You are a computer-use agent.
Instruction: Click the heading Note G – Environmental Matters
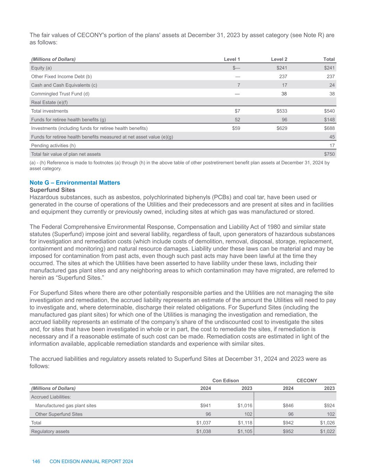pos(75,183)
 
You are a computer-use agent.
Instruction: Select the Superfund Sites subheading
pos(52,190)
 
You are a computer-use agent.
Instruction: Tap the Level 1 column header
pos(232,59)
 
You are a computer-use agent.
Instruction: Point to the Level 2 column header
pos(279,59)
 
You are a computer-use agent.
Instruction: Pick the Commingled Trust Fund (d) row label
pos(60,94)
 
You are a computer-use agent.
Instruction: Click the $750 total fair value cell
pos(329,154)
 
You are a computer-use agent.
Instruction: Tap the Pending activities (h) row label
pos(53,145)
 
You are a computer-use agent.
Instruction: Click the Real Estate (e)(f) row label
pos(49,102)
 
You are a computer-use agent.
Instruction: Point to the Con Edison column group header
pos(225,381)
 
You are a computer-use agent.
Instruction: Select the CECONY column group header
pos(307,381)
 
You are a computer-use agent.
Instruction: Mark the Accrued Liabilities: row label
pos(51,397)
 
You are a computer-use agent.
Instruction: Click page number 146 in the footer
pos(36,461)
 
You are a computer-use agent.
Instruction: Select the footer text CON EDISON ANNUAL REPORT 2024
pos(91,461)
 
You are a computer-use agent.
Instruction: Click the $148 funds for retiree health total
pos(329,120)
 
